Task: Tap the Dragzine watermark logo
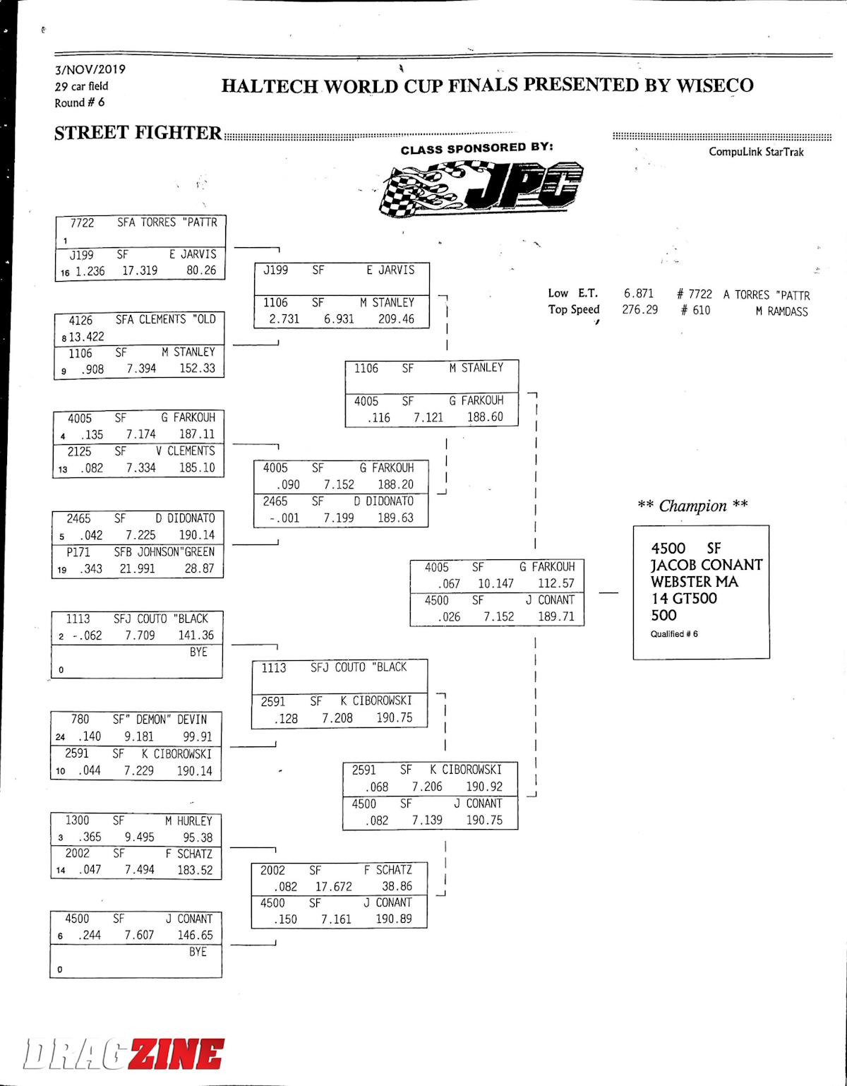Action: (124, 1055)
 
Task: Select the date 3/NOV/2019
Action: (90, 69)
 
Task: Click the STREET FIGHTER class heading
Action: (138, 133)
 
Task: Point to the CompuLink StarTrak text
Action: (756, 152)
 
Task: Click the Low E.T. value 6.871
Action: (639, 293)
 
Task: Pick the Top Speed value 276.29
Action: (639, 309)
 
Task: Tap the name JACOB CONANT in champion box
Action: (706, 565)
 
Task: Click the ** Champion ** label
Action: (692, 506)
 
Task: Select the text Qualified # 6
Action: (674, 634)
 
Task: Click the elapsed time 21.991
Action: (137, 568)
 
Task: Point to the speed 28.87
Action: (199, 568)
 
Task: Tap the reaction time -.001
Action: (284, 518)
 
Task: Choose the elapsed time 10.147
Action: (495, 583)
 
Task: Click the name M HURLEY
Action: (188, 821)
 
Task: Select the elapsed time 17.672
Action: (334, 886)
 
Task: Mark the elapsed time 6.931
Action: (339, 318)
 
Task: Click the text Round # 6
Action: (79, 102)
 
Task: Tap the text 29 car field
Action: (81, 86)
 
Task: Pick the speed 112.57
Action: (556, 583)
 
